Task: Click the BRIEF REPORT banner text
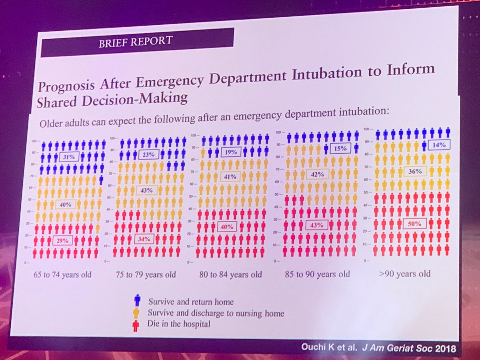click(136, 41)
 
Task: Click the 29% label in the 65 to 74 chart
click(62, 240)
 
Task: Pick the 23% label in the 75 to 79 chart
click(150, 154)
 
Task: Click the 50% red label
click(415, 224)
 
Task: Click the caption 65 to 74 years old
click(62, 274)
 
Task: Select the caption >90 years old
click(404, 274)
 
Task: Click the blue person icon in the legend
click(137, 300)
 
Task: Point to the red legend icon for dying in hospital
click(136, 326)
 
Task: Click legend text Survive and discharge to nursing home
click(216, 313)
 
